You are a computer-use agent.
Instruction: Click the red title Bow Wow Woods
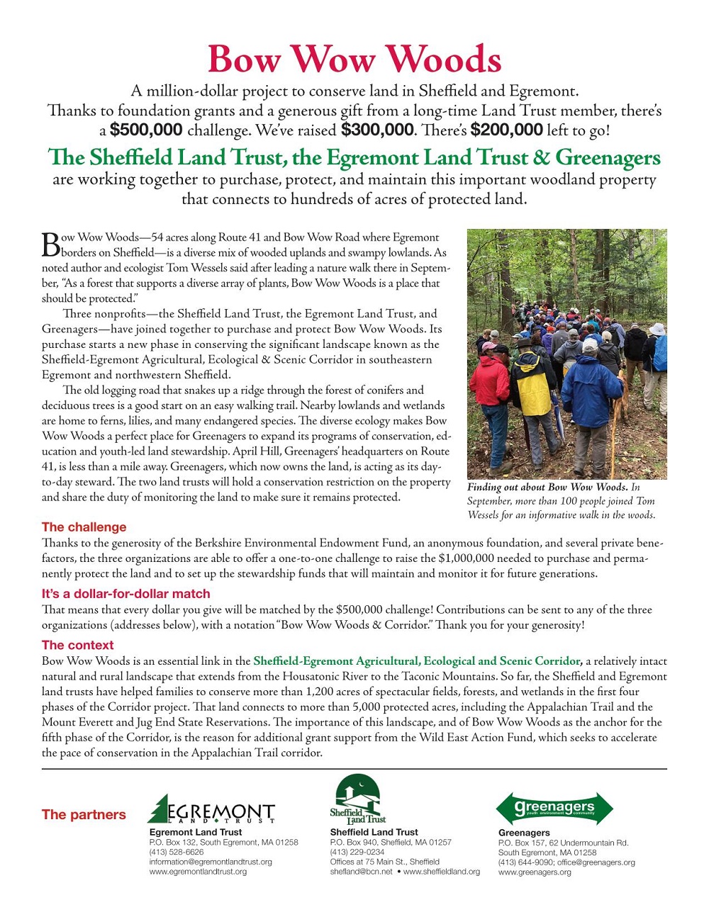pos(354,59)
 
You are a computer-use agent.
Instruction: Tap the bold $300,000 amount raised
pos(376,130)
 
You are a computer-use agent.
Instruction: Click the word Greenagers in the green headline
pos(608,157)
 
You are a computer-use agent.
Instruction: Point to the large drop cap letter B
pos(50,244)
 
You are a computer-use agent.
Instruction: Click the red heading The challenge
pos(84,527)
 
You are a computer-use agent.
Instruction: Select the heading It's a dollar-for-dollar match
pos(125,594)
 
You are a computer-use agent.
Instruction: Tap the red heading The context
pos(77,645)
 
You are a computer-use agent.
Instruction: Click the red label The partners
pos(84,815)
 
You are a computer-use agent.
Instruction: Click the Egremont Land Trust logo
pos(211,810)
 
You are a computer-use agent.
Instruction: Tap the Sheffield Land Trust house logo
pos(358,799)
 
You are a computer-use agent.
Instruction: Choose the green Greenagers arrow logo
pos(554,809)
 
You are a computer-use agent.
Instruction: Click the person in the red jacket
pos(490,383)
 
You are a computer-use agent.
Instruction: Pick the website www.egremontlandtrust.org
pos(198,872)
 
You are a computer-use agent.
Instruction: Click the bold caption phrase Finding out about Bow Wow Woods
pos(547,487)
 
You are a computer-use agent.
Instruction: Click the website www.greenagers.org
pos(535,872)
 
